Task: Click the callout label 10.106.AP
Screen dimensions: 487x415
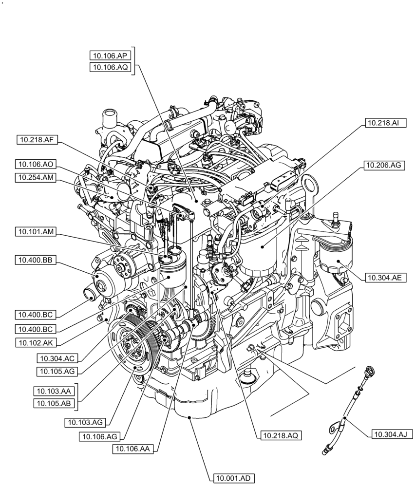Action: click(x=111, y=56)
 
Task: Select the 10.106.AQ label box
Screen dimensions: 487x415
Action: click(x=111, y=68)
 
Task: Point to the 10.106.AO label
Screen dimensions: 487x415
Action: click(x=35, y=165)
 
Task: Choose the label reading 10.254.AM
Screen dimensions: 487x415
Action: click(x=35, y=178)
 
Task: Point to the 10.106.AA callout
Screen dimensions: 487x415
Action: click(x=132, y=449)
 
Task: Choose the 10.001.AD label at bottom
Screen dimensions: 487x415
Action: click(x=233, y=479)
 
